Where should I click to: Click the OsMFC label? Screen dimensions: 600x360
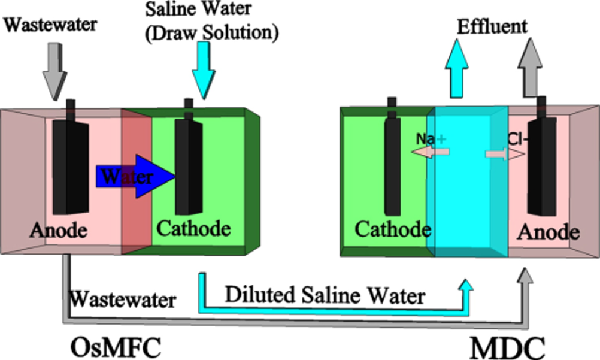point(116,347)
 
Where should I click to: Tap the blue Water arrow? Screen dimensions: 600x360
point(136,177)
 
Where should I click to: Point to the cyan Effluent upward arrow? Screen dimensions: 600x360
point(457,68)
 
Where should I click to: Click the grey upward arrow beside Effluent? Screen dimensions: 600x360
point(530,67)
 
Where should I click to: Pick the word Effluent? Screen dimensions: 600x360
point(492,26)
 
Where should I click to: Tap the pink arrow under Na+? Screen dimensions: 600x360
point(430,152)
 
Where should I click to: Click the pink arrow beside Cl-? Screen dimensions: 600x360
point(505,154)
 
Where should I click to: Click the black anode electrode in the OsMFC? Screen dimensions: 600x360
point(71,158)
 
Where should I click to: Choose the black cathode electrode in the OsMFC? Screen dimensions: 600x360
point(189,158)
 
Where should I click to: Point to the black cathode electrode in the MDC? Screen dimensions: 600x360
point(392,157)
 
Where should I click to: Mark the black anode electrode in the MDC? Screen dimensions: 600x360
point(542,156)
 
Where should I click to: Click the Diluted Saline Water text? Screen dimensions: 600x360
point(325,295)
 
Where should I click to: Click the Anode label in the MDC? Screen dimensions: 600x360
point(549,232)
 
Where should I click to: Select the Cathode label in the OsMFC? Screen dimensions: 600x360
point(193,229)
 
